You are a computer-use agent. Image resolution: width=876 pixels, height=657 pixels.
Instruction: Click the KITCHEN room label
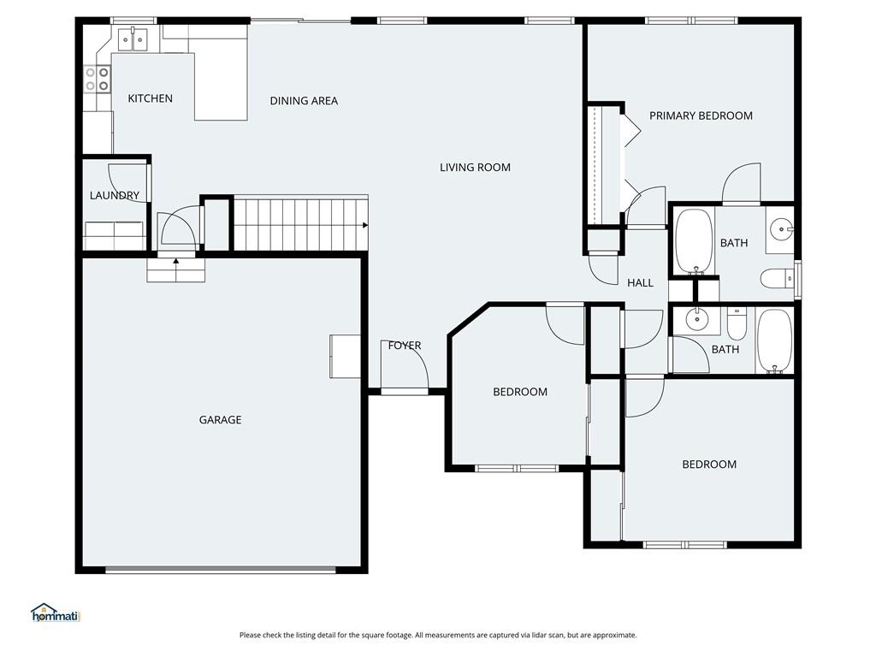pyautogui.click(x=150, y=98)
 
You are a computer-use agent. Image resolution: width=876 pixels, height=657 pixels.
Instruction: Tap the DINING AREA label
pyautogui.click(x=304, y=101)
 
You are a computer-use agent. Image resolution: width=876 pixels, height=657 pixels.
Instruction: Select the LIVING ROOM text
pyautogui.click(x=475, y=168)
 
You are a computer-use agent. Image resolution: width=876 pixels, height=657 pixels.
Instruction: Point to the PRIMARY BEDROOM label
pyautogui.click(x=701, y=115)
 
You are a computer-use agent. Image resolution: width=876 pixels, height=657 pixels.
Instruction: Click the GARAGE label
pyautogui.click(x=220, y=420)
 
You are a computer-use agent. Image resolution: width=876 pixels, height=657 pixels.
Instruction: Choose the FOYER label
pyautogui.click(x=405, y=346)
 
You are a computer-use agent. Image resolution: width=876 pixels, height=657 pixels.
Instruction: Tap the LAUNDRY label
pyautogui.click(x=114, y=196)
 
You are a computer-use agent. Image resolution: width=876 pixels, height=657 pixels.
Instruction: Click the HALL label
pyautogui.click(x=640, y=283)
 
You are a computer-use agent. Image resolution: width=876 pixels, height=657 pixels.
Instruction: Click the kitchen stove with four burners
pyautogui.click(x=97, y=79)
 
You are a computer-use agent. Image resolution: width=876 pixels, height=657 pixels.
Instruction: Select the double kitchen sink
pyautogui.click(x=133, y=38)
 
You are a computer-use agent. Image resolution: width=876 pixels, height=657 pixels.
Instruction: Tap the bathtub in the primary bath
pyautogui.click(x=694, y=240)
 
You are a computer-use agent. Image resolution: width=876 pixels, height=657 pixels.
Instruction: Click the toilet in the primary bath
pyautogui.click(x=775, y=279)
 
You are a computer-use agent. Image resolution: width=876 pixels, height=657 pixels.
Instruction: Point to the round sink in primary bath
pyautogui.click(x=781, y=229)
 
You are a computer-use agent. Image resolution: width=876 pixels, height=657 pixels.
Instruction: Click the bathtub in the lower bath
pyautogui.click(x=774, y=341)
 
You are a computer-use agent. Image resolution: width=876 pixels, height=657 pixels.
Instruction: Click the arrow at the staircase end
pyautogui.click(x=365, y=225)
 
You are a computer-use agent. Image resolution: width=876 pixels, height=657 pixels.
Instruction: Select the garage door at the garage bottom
pyautogui.click(x=220, y=568)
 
